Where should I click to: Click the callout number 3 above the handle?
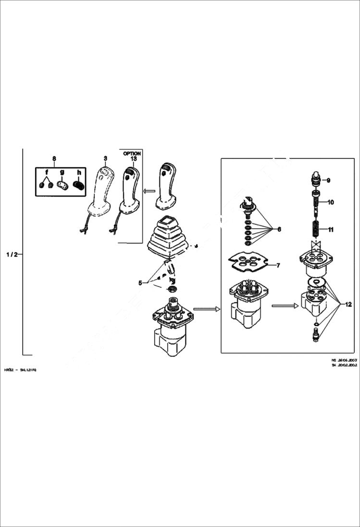pos(105,158)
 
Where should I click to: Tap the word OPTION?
pos(132,153)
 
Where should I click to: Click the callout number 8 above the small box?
pos(54,158)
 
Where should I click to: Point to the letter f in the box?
pos(47,172)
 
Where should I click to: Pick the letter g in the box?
pos(62,172)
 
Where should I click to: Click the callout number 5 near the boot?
pos(140,283)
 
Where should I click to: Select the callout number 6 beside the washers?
pos(278,229)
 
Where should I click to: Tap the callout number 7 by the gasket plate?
pos(278,265)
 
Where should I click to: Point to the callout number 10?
pos(331,203)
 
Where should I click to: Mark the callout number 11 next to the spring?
pos(331,230)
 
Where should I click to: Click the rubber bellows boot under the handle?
pos(167,239)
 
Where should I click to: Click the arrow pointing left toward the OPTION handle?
pos(149,191)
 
